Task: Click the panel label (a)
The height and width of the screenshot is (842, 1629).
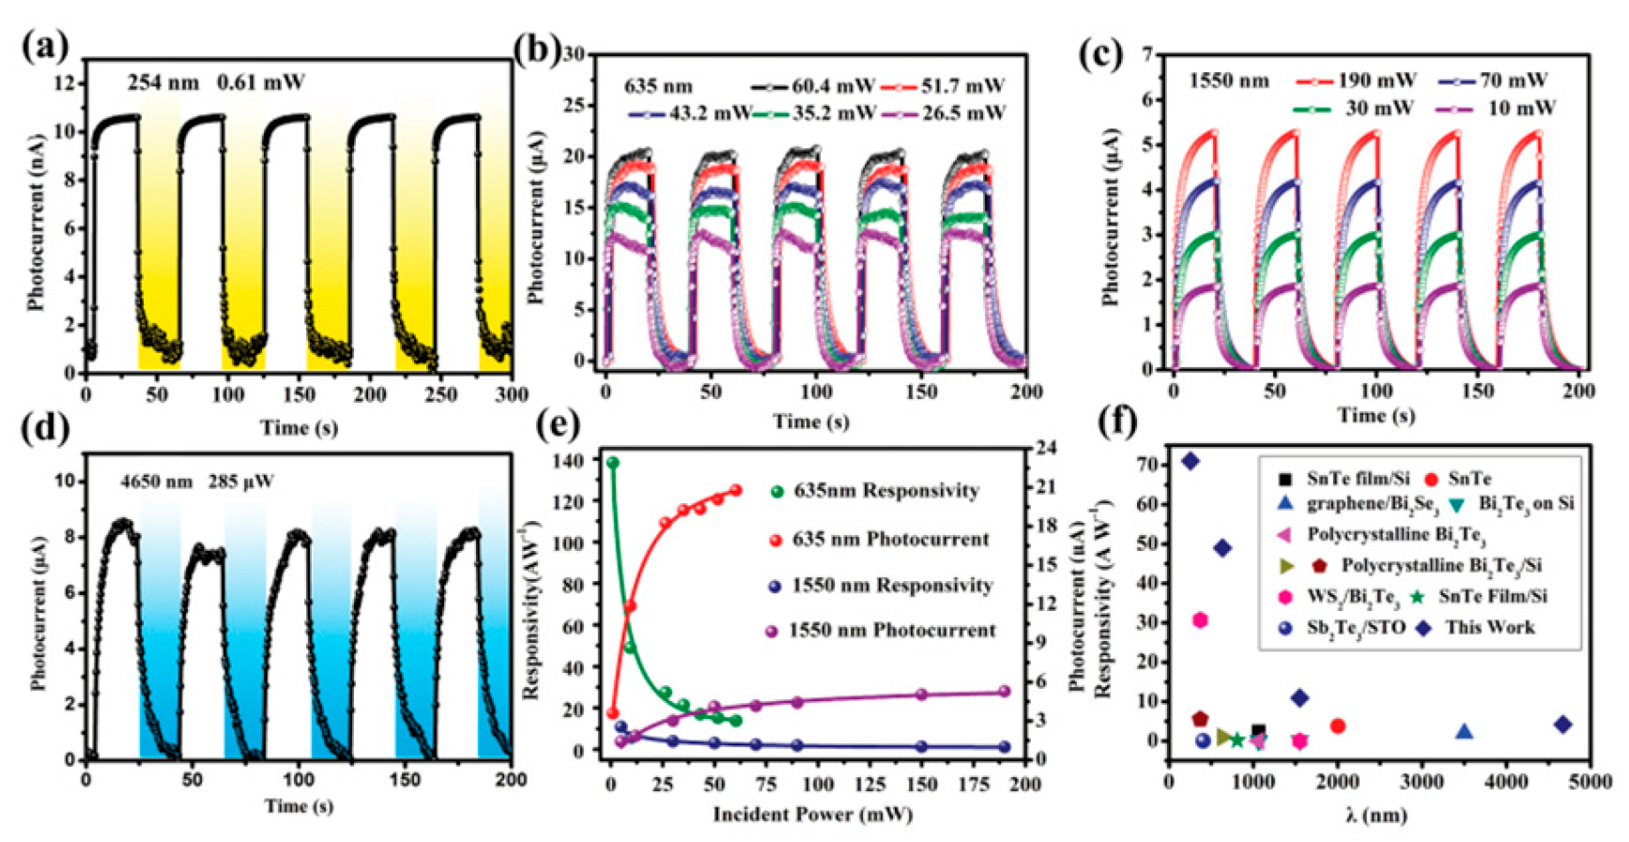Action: click(45, 44)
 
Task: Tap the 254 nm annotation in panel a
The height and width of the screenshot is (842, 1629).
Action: click(163, 83)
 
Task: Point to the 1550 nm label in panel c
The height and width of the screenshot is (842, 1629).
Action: click(1228, 81)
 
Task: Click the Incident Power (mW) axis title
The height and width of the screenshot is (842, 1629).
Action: click(812, 813)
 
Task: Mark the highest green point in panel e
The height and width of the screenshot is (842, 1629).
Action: click(613, 463)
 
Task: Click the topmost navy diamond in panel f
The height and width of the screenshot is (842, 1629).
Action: click(1191, 461)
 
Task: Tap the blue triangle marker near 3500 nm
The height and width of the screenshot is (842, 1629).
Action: click(1464, 730)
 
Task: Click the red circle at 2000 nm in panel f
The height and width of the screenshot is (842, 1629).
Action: click(1338, 726)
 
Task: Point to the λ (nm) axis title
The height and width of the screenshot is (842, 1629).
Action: click(1375, 814)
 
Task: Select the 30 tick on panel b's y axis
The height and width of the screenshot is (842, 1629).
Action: click(574, 54)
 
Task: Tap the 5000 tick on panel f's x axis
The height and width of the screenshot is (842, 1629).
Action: click(1592, 781)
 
